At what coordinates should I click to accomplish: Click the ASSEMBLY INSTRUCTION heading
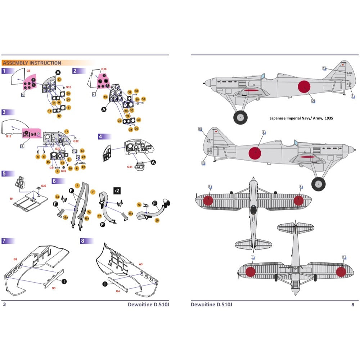coord(32,63)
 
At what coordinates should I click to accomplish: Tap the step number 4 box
coord(100,137)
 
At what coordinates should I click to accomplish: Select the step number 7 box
coord(4,241)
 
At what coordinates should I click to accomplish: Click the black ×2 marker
coord(117,190)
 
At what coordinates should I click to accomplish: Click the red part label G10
coord(104,69)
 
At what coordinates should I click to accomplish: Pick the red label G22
coord(44,185)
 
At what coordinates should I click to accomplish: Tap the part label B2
coord(15,259)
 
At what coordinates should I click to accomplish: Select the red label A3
coord(141,264)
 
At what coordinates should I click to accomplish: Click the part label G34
coord(130,167)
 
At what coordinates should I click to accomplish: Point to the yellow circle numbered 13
coord(59,79)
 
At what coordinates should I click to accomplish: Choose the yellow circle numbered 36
coord(139,120)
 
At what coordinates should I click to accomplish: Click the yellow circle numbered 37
coord(99,216)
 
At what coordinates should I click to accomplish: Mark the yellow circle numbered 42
coord(84,167)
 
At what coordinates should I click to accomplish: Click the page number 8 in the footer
coord(353,305)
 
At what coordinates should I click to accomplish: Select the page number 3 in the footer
coord(4,305)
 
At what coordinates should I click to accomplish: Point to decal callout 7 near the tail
coord(324,68)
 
